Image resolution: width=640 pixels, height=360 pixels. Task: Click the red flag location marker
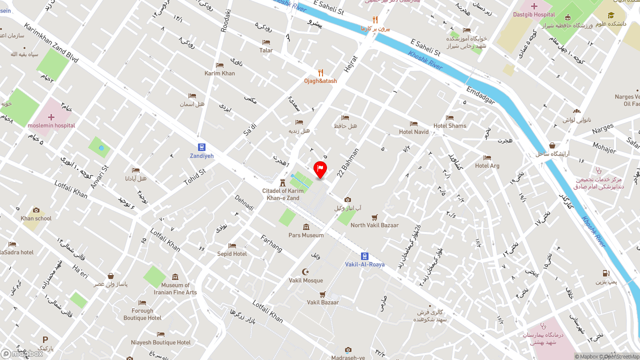pyautogui.click(x=320, y=169)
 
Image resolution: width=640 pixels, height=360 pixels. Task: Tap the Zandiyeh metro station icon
pyautogui.click(x=201, y=147)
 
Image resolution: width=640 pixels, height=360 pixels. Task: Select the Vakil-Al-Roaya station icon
pyautogui.click(x=364, y=256)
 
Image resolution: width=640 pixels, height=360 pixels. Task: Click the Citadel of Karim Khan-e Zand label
pyautogui.click(x=283, y=194)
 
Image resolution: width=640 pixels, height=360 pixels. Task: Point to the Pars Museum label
pyautogui.click(x=306, y=235)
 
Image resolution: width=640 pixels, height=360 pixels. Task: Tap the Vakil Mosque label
pyautogui.click(x=306, y=280)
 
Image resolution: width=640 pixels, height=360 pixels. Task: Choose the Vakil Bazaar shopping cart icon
pyautogui.click(x=322, y=294)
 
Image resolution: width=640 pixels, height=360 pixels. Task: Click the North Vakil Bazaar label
pyautogui.click(x=374, y=225)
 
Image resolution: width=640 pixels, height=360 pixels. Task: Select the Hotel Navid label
pyautogui.click(x=413, y=132)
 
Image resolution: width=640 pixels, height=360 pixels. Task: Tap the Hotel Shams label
pyautogui.click(x=449, y=126)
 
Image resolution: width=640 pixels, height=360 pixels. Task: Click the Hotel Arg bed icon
pyautogui.click(x=487, y=158)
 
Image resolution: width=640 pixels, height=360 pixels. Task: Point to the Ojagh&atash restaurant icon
pyautogui.click(x=320, y=72)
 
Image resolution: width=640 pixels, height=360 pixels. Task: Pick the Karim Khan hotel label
pyautogui.click(x=219, y=73)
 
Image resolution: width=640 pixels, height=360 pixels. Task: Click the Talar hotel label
pyautogui.click(x=266, y=50)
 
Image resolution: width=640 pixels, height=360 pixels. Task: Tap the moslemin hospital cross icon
pyautogui.click(x=51, y=117)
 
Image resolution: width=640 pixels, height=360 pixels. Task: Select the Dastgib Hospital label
pyautogui.click(x=534, y=14)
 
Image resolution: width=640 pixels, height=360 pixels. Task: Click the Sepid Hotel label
pyautogui.click(x=232, y=254)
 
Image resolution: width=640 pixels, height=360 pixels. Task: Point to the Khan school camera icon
pyautogui.click(x=36, y=210)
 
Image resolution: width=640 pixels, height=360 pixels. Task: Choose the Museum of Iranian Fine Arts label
pyautogui.click(x=175, y=288)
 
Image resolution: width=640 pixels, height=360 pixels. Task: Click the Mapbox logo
pyautogui.click(x=22, y=353)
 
